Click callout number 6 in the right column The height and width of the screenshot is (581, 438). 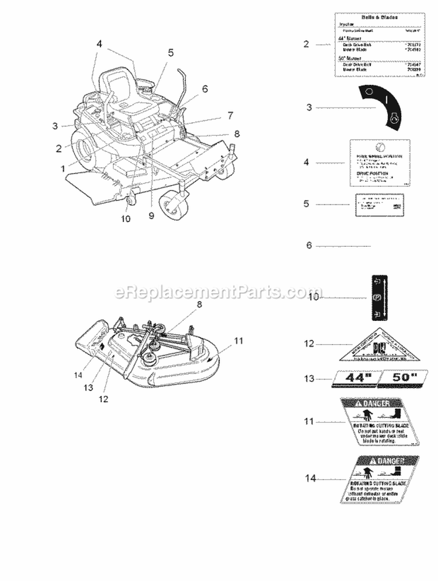pyautogui.click(x=310, y=245)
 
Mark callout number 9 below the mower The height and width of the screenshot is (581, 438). pyautogui.click(x=151, y=216)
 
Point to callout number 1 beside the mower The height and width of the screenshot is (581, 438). pyautogui.click(x=62, y=168)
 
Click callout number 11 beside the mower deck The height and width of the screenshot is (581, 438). pyautogui.click(x=238, y=340)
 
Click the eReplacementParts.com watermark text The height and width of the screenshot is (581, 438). pyautogui.click(x=219, y=291)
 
